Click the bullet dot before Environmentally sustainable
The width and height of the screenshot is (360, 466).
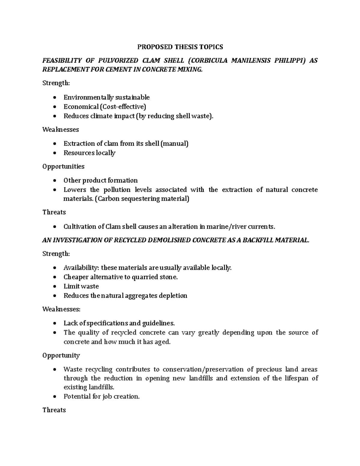(x=54, y=98)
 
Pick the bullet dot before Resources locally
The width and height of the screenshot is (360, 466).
(x=54, y=153)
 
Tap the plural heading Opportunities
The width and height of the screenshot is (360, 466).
(x=63, y=167)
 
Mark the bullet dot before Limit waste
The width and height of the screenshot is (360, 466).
(x=54, y=287)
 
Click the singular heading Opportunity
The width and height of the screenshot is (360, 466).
(x=61, y=356)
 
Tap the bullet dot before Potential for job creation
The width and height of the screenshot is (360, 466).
(x=54, y=397)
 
